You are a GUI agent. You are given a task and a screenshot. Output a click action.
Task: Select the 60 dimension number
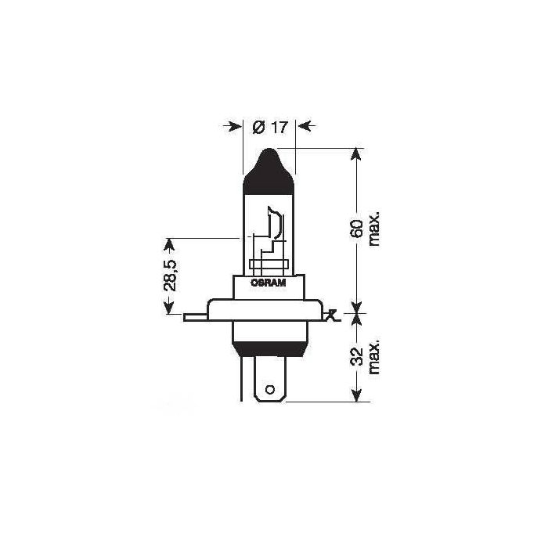tap(357, 229)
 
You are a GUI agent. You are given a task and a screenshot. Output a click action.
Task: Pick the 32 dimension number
tap(357, 356)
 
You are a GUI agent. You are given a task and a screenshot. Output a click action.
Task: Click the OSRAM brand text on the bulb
tap(269, 283)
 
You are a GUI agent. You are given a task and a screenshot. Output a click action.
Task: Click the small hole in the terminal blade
tap(270, 389)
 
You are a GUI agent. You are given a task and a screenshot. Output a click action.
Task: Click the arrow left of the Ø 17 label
tap(233, 126)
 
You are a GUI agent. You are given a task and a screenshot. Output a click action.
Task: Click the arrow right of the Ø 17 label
tap(306, 126)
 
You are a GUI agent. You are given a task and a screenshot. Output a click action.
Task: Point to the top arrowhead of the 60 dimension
tap(357, 153)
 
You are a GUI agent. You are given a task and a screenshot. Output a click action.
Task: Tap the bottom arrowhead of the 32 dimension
tap(357, 397)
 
